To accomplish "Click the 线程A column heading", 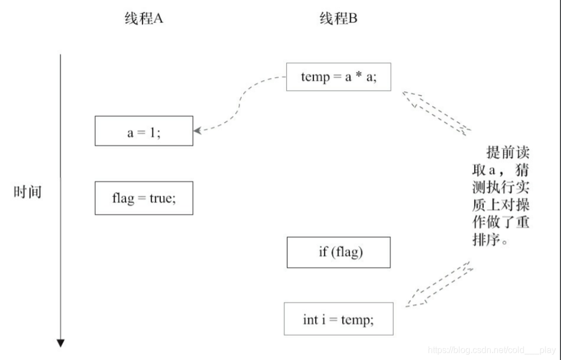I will [144, 19].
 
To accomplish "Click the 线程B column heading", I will [338, 19].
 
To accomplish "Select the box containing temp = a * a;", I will [338, 77].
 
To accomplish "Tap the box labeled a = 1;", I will [144, 131].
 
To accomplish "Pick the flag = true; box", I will [144, 198].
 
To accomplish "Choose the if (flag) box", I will [338, 253].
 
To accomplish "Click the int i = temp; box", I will [338, 319].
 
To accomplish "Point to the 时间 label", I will [28, 193].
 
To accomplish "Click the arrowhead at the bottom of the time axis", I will [60, 343].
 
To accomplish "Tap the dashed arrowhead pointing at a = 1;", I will [198, 131].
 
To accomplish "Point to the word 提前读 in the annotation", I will [507, 153].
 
